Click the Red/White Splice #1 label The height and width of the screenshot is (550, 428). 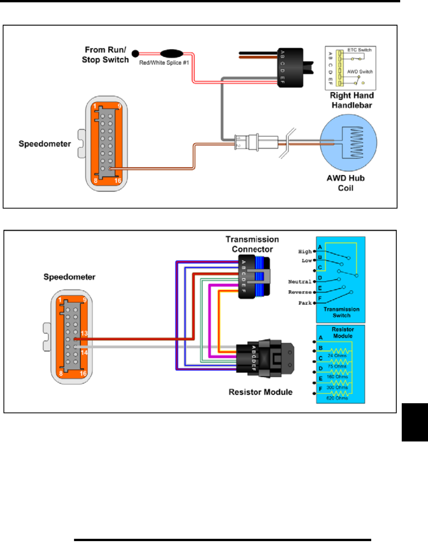pos(164,63)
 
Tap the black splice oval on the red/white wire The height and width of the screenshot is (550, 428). pos(171,53)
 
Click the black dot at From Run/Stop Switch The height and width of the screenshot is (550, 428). pos(135,54)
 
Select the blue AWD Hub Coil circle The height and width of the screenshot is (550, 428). pos(348,143)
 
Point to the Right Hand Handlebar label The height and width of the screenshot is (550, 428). pos(352,100)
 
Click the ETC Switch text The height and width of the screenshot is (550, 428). pos(359,50)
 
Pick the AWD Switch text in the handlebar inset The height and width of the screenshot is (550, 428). pos(360,71)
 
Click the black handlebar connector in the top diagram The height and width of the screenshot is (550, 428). pos(290,68)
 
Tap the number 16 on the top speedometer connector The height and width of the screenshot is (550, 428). pos(118,180)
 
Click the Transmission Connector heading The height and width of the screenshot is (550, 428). pos(252,244)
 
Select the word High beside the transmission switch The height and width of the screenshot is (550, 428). pos(305,251)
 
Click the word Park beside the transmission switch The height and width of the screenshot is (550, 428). pos(305,303)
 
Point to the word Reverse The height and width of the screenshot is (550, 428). pos(300,292)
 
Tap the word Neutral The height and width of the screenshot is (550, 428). pos(300,282)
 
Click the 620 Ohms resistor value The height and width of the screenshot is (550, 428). pos(337,398)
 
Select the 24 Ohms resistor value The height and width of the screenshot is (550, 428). pos(337,355)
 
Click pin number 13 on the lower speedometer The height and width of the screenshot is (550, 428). pos(84,333)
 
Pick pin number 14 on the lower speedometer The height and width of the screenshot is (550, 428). pos(84,352)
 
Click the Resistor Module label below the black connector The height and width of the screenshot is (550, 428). pos(260,392)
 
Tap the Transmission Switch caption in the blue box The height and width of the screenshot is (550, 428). pos(341,312)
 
